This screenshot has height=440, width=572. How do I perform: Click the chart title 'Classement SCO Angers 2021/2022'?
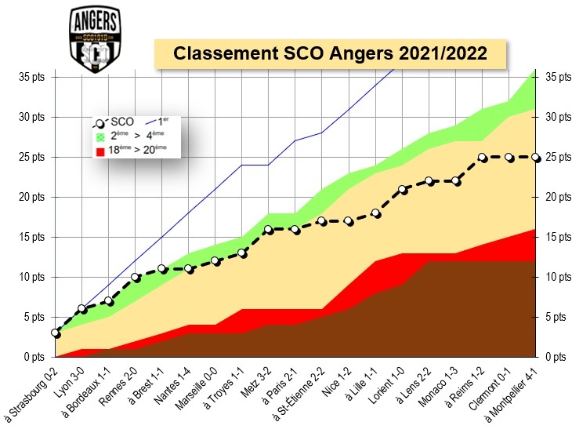pos(330,54)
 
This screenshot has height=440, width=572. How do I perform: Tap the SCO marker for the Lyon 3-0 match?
pos(82,309)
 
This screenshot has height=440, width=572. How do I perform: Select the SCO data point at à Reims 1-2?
pos(483,158)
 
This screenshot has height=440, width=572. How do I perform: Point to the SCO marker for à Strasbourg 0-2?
pos(56,333)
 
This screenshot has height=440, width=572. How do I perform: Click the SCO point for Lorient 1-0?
pos(402,190)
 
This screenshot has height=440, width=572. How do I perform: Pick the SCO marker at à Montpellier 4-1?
pos(536,157)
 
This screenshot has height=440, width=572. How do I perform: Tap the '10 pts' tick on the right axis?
pos(555,277)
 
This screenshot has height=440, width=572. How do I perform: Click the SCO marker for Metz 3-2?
pos(269,230)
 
